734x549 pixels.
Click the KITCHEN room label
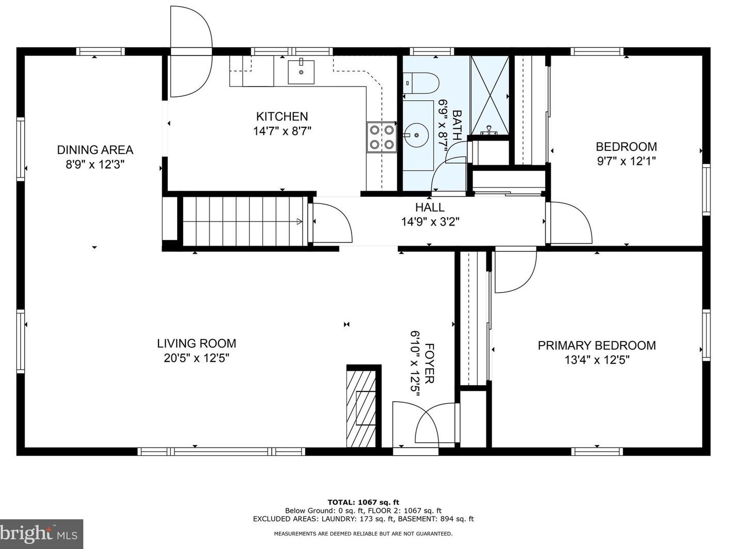(x=282, y=116)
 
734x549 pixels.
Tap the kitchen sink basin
(x=301, y=72)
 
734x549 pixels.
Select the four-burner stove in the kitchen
(x=381, y=137)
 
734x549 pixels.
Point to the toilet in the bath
(x=421, y=83)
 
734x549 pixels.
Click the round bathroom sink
(x=416, y=135)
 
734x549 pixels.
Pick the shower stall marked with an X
(x=490, y=95)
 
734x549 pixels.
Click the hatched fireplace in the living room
(x=362, y=408)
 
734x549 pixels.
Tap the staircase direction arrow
(x=299, y=221)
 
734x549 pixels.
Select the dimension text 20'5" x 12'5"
(x=196, y=358)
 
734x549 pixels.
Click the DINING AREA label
(x=95, y=150)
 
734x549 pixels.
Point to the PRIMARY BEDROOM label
(x=597, y=346)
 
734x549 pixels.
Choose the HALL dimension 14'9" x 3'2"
(x=430, y=222)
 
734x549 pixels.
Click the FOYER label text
(x=429, y=364)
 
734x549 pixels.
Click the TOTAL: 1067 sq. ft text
(x=363, y=502)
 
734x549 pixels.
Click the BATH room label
(x=457, y=125)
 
